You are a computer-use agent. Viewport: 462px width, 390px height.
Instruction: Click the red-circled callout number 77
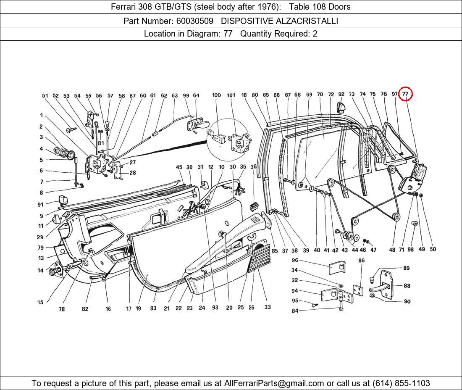(405, 94)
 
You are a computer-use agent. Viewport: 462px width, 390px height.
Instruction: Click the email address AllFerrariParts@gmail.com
(274, 383)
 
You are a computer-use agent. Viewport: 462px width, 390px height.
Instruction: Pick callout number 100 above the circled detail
(216, 95)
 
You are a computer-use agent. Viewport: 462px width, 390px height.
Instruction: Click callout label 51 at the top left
(45, 96)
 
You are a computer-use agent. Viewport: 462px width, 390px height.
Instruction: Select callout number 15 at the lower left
(40, 302)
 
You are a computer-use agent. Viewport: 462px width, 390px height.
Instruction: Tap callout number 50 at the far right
(433, 249)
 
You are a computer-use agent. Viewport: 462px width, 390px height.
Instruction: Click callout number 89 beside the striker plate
(406, 268)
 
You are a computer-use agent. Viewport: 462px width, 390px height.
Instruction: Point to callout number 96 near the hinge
(295, 261)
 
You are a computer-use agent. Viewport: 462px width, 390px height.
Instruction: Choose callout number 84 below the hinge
(295, 311)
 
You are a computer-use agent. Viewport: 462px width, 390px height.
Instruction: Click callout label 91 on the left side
(40, 205)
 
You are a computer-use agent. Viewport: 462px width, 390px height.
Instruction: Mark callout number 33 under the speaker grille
(268, 307)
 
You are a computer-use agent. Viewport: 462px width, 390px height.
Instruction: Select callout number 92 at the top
(341, 95)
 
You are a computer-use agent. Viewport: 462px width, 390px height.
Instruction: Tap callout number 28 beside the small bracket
(133, 173)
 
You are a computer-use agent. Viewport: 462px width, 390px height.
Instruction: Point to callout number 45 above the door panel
(179, 167)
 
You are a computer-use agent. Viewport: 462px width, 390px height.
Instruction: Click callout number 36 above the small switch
(254, 167)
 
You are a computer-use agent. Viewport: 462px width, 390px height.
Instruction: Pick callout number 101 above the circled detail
(231, 95)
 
